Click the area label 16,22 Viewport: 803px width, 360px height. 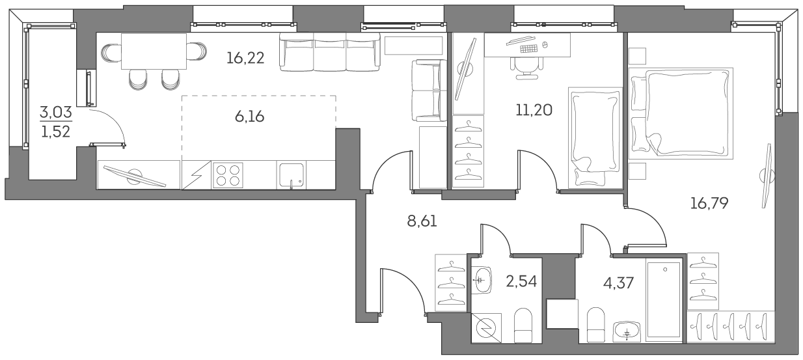(x=245, y=58)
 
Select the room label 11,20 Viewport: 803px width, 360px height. (x=534, y=109)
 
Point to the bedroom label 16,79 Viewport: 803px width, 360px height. (x=709, y=202)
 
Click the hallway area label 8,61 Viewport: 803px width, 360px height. (x=422, y=221)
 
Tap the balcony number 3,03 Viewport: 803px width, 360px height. (x=56, y=113)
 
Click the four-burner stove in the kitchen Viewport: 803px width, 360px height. (x=228, y=174)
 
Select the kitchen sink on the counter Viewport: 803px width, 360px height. (x=292, y=174)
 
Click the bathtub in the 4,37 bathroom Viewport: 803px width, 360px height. (x=664, y=299)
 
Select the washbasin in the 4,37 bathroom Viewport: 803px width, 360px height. (x=626, y=331)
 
